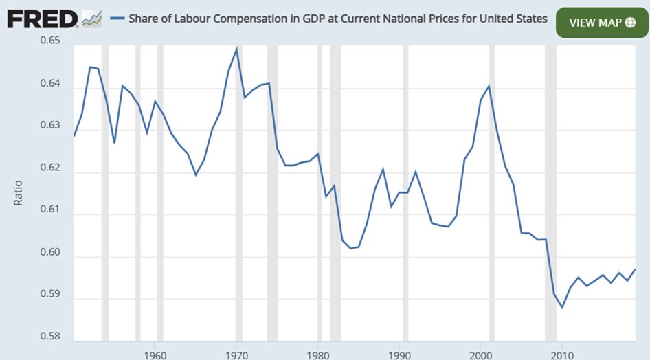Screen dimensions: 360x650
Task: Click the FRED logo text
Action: (41, 19)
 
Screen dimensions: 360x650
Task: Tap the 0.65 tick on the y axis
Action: (51, 41)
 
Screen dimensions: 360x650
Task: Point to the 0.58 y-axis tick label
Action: (51, 337)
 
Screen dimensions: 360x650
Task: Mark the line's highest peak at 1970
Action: (236, 49)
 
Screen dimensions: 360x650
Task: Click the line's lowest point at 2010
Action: (562, 307)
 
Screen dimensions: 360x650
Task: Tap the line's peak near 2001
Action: (489, 86)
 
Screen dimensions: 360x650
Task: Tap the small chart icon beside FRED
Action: (91, 19)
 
